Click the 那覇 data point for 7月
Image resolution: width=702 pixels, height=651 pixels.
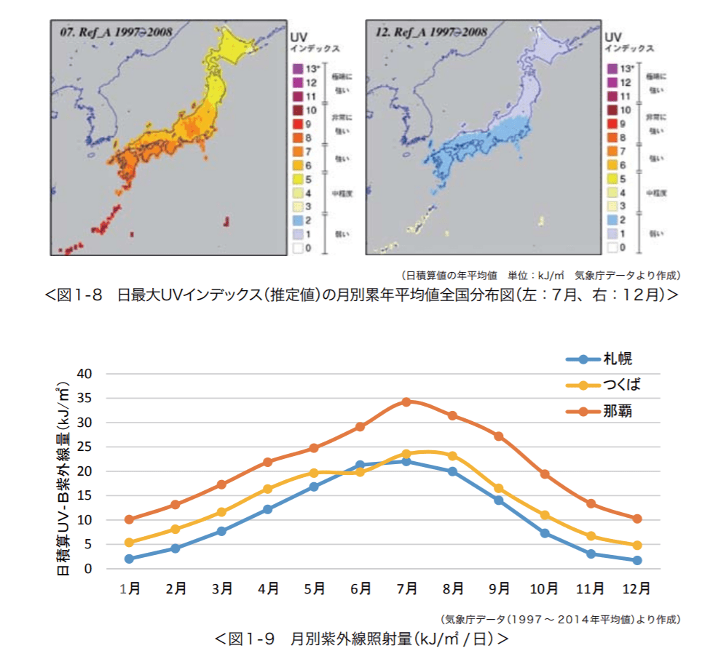pyautogui.click(x=406, y=402)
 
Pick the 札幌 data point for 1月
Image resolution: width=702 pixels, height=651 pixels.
pyautogui.click(x=129, y=559)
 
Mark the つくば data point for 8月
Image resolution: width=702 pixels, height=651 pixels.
pyautogui.click(x=452, y=456)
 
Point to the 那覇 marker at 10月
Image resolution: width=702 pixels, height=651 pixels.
pyautogui.click(x=544, y=474)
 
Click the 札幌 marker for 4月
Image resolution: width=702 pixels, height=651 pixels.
pyautogui.click(x=267, y=509)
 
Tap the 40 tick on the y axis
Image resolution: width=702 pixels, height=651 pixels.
pyautogui.click(x=86, y=374)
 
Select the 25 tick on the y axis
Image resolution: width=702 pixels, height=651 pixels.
pyautogui.click(x=86, y=447)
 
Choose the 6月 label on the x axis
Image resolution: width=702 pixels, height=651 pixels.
pyautogui.click(x=360, y=588)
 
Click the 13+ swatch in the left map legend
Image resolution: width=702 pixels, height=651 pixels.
pyautogui.click(x=297, y=69)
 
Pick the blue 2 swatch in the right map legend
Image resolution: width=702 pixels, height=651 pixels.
pyautogui.click(x=612, y=220)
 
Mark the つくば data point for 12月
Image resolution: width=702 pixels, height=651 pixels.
pyautogui.click(x=636, y=545)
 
